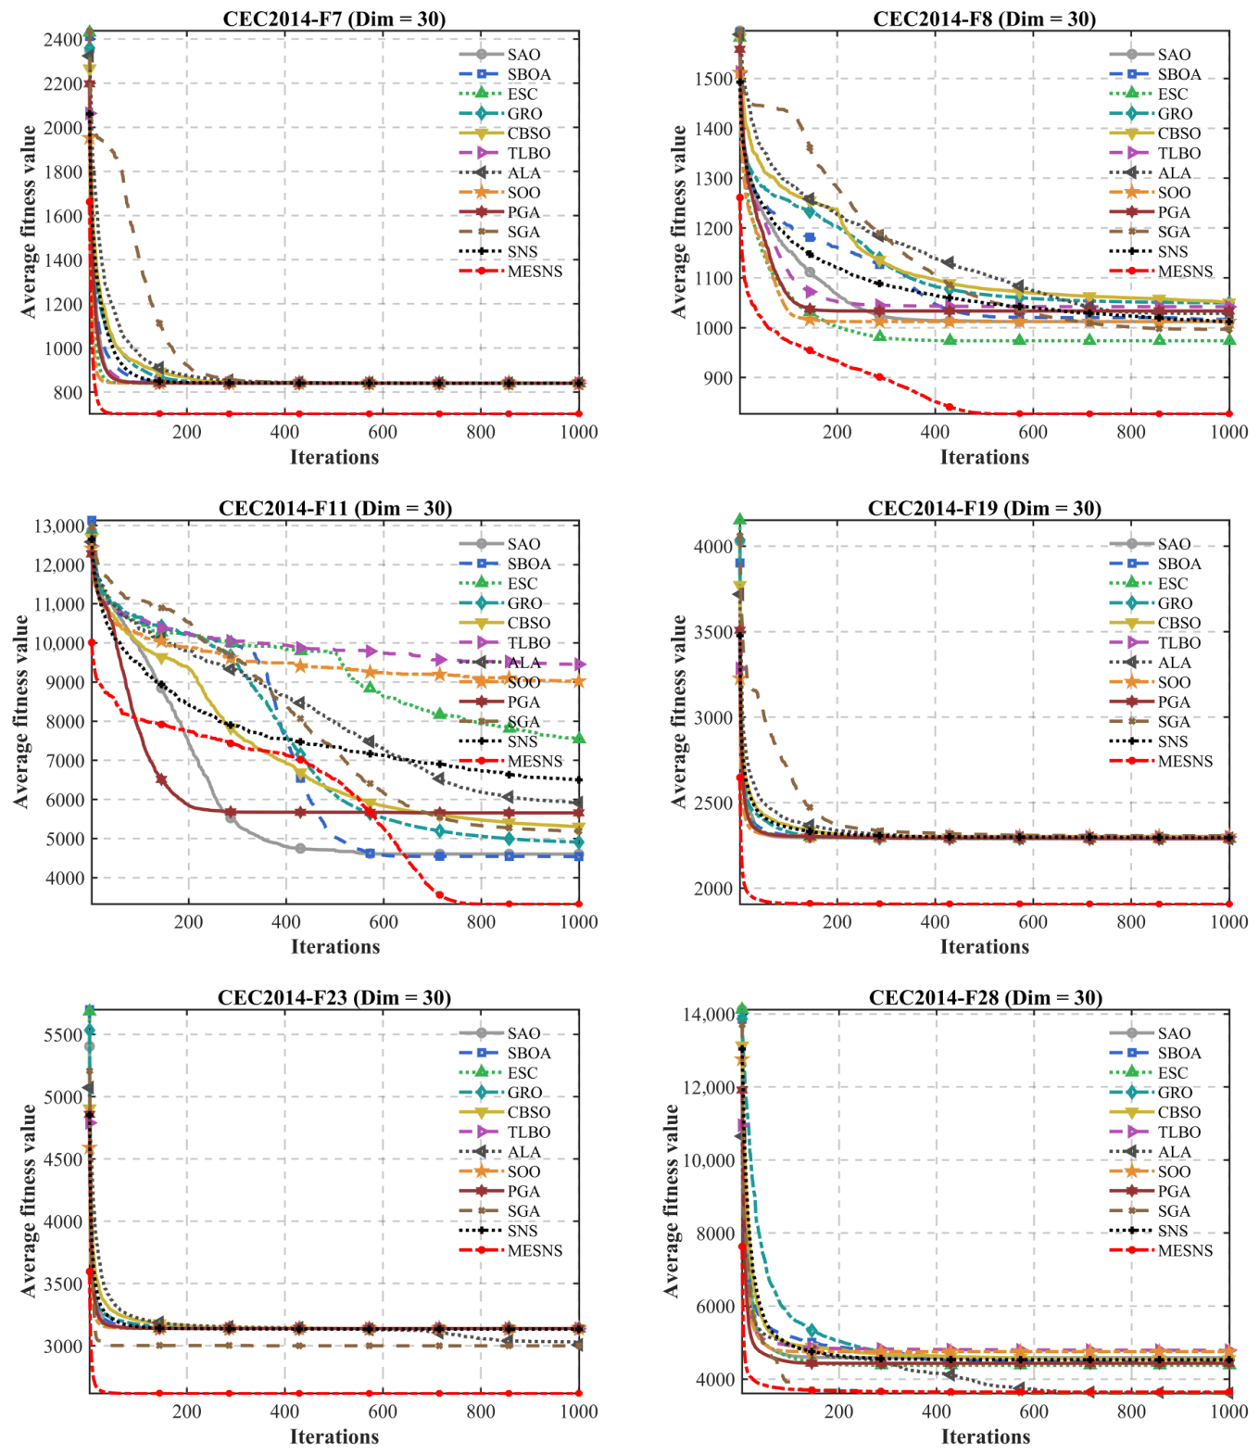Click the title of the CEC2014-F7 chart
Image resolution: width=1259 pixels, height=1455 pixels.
(x=334, y=19)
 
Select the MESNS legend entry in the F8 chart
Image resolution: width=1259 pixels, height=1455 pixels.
(x=1161, y=271)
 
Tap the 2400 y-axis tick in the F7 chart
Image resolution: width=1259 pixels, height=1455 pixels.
(x=63, y=40)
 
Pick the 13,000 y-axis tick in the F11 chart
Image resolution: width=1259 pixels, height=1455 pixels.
(x=59, y=526)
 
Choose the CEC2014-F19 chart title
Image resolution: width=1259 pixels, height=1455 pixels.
(x=984, y=508)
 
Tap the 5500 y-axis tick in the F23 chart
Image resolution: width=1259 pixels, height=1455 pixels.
(x=63, y=1035)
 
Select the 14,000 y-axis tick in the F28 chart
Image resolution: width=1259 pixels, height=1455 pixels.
(x=709, y=1015)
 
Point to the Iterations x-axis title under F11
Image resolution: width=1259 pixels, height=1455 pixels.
(x=335, y=947)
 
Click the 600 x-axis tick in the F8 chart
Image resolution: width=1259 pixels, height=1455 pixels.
(x=1032, y=432)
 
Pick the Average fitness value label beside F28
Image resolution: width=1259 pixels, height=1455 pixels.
(x=672, y=1201)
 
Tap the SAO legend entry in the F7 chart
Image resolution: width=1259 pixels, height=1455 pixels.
(x=499, y=54)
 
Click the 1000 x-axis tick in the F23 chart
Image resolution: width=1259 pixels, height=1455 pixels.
(x=578, y=1411)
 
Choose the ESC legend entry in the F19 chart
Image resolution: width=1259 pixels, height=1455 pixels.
(x=1149, y=584)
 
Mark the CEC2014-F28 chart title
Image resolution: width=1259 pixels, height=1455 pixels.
(x=985, y=997)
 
